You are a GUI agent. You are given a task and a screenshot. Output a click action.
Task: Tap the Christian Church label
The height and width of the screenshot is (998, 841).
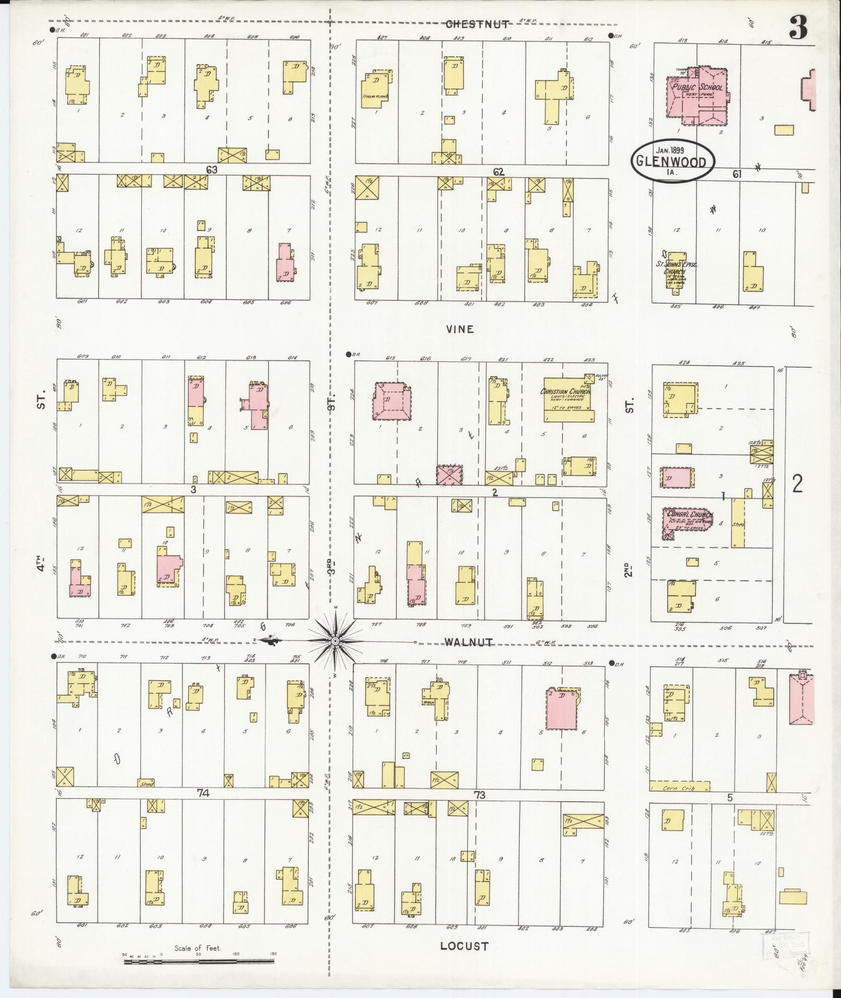pyautogui.click(x=566, y=392)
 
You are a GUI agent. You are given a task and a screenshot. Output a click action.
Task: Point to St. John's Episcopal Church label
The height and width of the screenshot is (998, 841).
pyautogui.click(x=676, y=265)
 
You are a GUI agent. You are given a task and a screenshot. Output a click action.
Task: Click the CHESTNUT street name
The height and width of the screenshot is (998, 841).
pyautogui.click(x=477, y=23)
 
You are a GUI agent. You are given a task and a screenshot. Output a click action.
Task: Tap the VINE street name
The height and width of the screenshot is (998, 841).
pyautogui.click(x=459, y=329)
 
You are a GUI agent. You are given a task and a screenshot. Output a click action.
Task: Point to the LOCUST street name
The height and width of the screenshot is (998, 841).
pyautogui.click(x=464, y=946)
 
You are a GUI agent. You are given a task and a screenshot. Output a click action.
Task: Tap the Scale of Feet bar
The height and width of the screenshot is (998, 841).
pyautogui.click(x=198, y=954)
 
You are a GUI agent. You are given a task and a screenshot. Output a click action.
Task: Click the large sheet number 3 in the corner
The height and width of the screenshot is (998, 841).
pyautogui.click(x=797, y=27)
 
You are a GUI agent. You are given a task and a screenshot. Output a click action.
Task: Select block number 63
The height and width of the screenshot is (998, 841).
pyautogui.click(x=211, y=170)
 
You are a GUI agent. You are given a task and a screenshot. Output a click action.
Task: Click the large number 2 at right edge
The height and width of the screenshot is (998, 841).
pyautogui.click(x=797, y=484)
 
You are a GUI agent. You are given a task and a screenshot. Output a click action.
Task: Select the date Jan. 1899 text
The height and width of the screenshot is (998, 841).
pyautogui.click(x=669, y=150)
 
